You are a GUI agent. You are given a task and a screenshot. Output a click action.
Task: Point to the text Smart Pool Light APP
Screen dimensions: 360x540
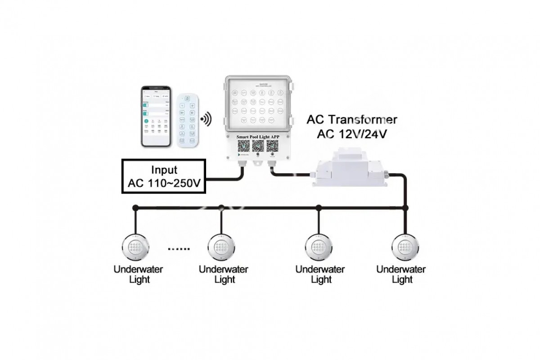pyautogui.click(x=258, y=136)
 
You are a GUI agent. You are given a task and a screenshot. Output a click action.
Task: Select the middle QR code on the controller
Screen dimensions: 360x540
pyautogui.click(x=258, y=146)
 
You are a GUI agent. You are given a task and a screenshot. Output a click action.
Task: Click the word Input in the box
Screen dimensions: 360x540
pyautogui.click(x=164, y=171)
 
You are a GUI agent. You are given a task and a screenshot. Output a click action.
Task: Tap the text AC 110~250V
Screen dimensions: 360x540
pyautogui.click(x=164, y=183)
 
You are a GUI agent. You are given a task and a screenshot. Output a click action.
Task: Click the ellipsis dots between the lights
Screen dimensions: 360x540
pyautogui.click(x=179, y=248)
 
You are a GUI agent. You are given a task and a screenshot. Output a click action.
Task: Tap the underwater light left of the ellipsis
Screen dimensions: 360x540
pyautogui.click(x=135, y=247)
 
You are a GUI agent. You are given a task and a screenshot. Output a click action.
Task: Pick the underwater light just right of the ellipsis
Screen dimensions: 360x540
pyautogui.click(x=220, y=247)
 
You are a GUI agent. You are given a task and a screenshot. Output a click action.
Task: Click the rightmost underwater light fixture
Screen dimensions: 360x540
pyautogui.click(x=404, y=247)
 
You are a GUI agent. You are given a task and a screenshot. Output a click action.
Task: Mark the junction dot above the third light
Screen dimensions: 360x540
pyautogui.click(x=319, y=208)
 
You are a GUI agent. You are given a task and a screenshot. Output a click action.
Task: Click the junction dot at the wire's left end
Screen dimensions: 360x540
pyautogui.click(x=135, y=208)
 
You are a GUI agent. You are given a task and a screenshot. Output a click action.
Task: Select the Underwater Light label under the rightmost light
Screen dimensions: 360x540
pyautogui.click(x=401, y=274)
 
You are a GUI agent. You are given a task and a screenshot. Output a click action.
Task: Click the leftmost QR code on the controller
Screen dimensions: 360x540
pyautogui.click(x=244, y=146)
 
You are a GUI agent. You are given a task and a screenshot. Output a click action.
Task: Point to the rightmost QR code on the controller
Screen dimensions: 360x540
pyautogui.click(x=273, y=146)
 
